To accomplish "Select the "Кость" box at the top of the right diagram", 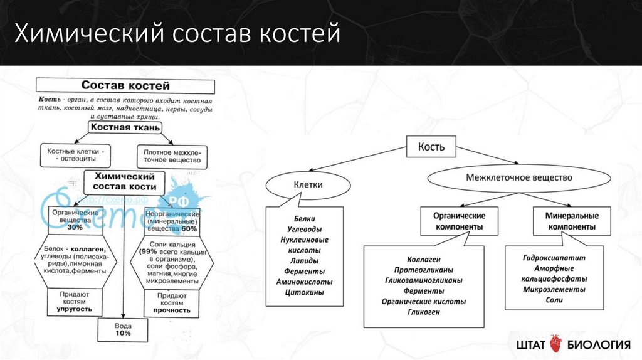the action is (431, 147).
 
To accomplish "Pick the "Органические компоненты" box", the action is (460, 221).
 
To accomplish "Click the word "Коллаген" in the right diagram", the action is (423, 258).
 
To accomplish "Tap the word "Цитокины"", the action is (305, 292).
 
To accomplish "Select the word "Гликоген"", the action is (423, 312).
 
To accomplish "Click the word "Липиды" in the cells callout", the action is (305, 260).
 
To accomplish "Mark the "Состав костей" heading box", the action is (126, 85).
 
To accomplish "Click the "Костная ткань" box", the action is (125, 127).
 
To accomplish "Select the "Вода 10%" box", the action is (123, 329).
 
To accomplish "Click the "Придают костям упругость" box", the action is (75, 302).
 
